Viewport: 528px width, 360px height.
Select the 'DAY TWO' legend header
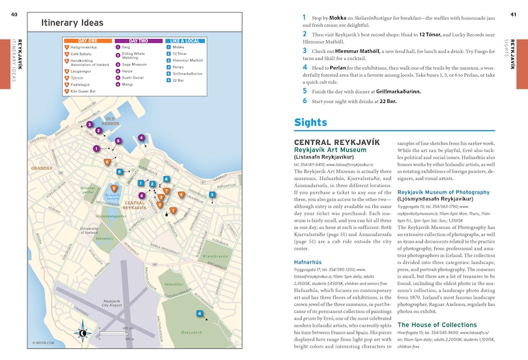point(132,40)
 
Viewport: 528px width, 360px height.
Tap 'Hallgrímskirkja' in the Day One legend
point(84,48)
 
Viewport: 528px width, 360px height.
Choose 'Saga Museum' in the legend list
point(134,65)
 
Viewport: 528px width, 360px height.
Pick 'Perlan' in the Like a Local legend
point(179,67)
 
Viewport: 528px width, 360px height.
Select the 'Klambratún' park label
point(216,256)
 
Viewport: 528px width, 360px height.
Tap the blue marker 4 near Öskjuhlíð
point(199,314)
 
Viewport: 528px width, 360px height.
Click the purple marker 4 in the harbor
point(141,138)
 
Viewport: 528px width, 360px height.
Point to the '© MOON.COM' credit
point(43,342)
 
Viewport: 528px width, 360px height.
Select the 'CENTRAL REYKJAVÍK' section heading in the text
point(327,142)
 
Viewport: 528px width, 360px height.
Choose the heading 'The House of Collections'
point(435,325)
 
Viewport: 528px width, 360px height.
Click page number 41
point(513,14)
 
